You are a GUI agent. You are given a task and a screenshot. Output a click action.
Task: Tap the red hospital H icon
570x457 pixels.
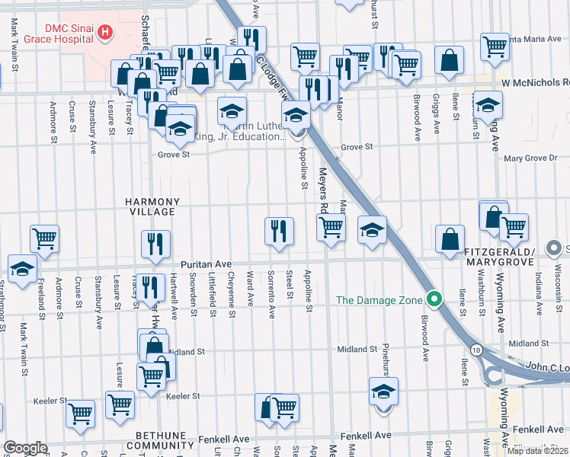[x=106, y=33]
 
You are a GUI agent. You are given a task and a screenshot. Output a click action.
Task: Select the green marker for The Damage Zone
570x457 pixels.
[x=434, y=299]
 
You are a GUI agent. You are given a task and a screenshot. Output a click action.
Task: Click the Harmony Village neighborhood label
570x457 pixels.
[x=152, y=207]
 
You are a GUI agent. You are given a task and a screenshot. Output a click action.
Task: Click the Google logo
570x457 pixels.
[x=26, y=448]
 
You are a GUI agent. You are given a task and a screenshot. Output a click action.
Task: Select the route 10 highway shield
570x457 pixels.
[x=476, y=349]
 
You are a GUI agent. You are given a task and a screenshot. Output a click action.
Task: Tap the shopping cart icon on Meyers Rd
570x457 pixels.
[x=331, y=226]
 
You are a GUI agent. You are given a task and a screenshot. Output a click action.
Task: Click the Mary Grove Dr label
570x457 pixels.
[x=531, y=158]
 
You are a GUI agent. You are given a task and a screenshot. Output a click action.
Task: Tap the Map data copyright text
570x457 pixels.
[x=538, y=451]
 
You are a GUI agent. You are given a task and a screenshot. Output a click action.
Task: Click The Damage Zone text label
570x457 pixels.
[x=379, y=300]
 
